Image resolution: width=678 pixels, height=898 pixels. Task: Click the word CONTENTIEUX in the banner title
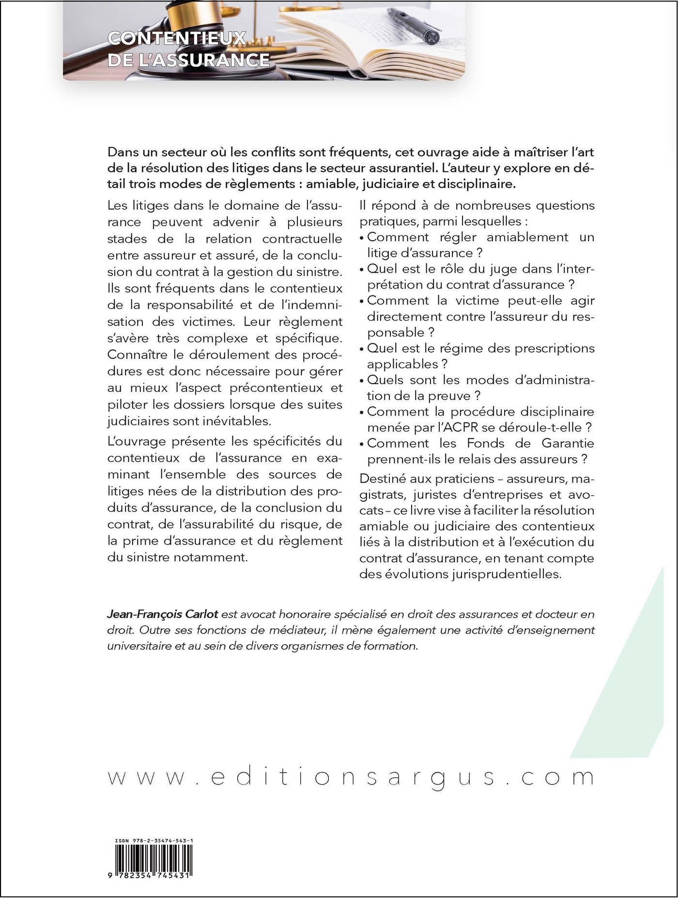point(177,38)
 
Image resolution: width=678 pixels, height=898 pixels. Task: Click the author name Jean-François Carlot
point(163,614)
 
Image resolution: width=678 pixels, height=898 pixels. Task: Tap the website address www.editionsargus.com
point(351,776)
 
